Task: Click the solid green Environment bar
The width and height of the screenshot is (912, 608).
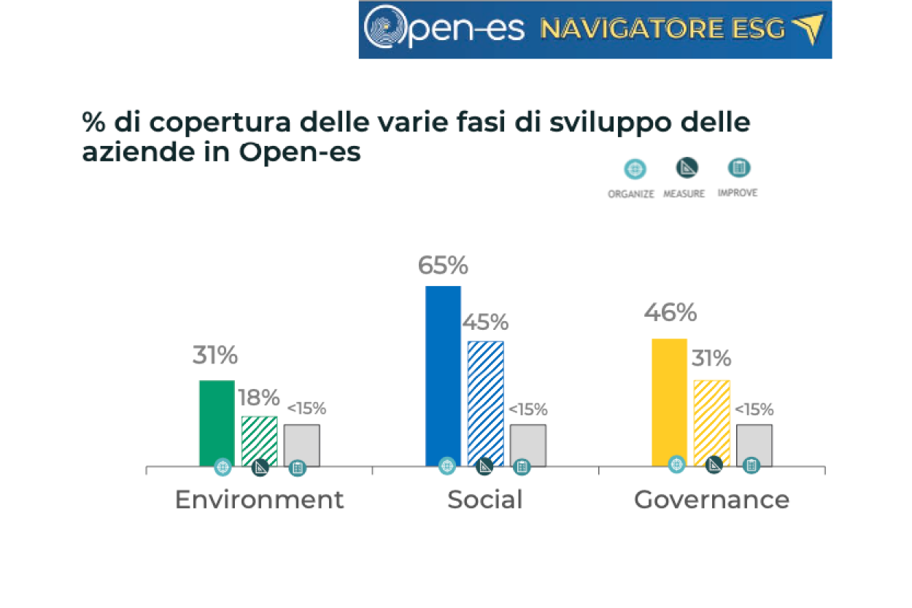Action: tap(217, 423)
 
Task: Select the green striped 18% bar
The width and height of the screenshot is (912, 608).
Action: tap(259, 441)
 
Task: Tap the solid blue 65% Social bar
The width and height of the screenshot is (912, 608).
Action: tap(443, 376)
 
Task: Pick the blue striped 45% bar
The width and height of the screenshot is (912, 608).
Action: tap(486, 403)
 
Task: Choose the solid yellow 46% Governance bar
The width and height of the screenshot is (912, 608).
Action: tap(669, 402)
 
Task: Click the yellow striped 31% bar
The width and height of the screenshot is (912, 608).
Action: tap(712, 423)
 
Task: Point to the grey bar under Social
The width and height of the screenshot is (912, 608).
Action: tap(528, 445)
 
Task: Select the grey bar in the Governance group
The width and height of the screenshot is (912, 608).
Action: tap(754, 445)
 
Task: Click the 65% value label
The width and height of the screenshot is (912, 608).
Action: tap(443, 266)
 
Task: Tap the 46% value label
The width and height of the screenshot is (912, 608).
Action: tap(671, 312)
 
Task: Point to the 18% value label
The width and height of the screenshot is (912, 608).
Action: tap(259, 398)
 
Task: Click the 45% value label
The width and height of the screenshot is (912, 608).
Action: tap(485, 322)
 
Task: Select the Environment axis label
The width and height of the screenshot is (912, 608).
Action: tap(259, 499)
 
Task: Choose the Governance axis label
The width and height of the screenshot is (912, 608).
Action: tap(711, 500)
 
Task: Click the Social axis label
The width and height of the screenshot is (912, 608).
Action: tap(485, 499)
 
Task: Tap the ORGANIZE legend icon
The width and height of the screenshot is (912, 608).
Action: tap(635, 169)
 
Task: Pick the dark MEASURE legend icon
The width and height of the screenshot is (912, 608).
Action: tap(687, 168)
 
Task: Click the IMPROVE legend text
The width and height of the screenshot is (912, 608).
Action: tap(738, 193)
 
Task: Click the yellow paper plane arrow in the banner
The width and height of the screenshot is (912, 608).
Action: tap(808, 28)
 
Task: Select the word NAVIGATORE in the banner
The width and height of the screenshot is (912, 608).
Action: tap(633, 29)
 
